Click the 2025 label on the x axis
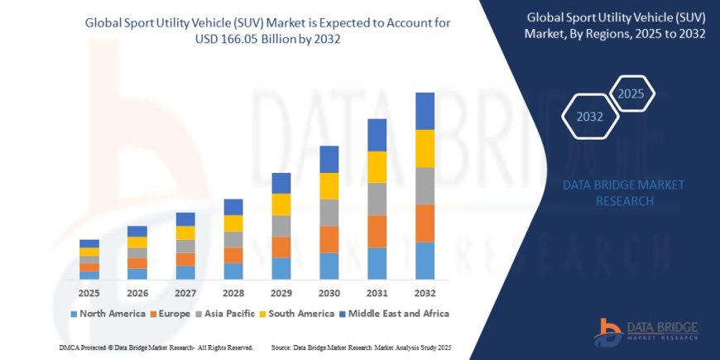[89, 293]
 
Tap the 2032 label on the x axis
[425, 293]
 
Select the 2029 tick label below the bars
[281, 293]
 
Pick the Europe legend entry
[170, 314]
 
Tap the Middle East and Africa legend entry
[394, 314]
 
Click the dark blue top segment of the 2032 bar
[425, 111]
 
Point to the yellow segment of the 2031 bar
[377, 167]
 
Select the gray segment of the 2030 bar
[329, 213]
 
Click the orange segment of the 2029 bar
[281, 247]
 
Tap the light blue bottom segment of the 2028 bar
[233, 271]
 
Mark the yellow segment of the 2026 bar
[137, 242]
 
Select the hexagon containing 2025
[631, 91]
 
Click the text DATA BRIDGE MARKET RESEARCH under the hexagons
[612, 192]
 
